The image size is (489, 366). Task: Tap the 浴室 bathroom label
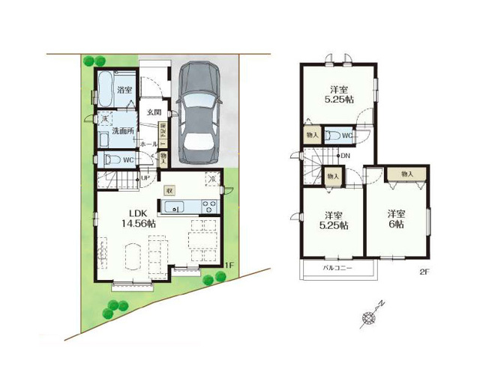pos(125,91)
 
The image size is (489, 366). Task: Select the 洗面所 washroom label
pos(123,130)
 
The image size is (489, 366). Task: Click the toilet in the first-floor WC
pos(109,159)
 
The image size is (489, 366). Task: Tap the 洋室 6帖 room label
pos(397,219)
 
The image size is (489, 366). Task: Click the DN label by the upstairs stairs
pos(345,156)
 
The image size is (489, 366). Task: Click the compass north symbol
pos(370,317)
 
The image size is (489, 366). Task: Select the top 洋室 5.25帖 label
pos(339,94)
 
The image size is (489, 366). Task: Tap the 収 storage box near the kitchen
pos(169,190)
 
